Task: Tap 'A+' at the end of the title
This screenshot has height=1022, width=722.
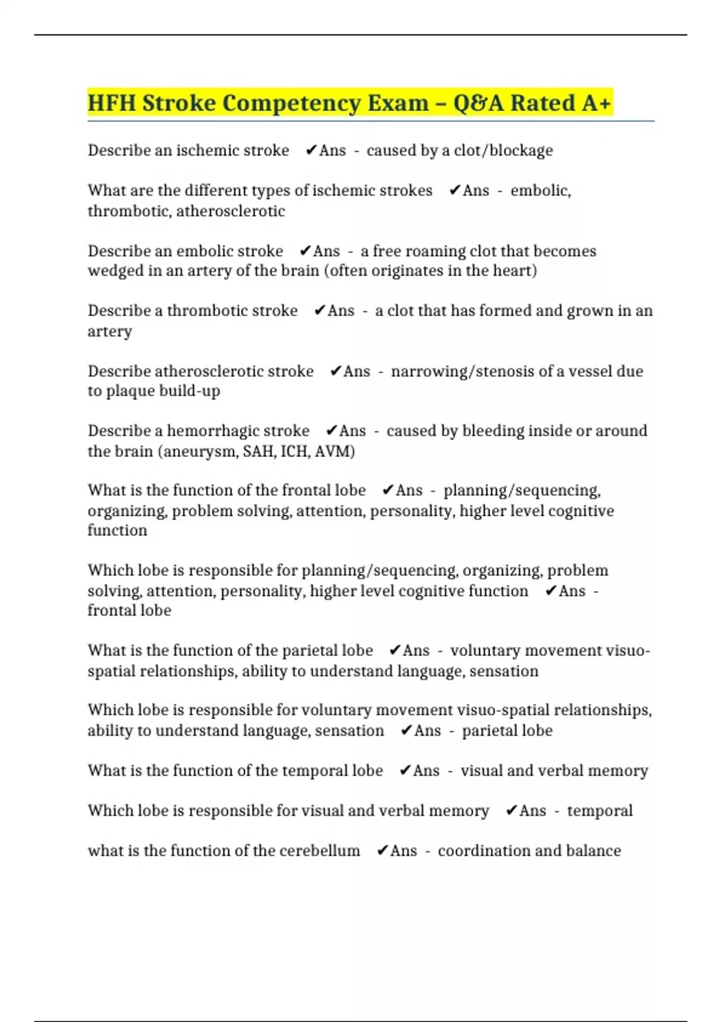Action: pyautogui.click(x=596, y=103)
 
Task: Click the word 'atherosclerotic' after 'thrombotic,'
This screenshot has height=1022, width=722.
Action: pyautogui.click(x=230, y=211)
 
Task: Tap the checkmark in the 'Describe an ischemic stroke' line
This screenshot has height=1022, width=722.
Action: pyautogui.click(x=310, y=150)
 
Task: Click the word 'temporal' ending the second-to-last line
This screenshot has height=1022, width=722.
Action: pyautogui.click(x=599, y=810)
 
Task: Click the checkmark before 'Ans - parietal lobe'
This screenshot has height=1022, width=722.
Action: pyautogui.click(x=406, y=730)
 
